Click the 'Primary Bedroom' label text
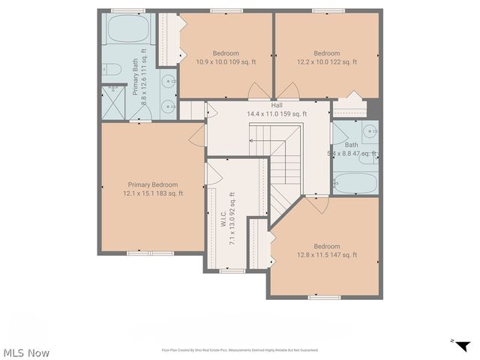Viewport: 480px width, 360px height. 153,184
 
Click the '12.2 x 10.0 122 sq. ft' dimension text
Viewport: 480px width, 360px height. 326,62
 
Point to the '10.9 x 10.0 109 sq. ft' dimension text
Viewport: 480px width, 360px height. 226,62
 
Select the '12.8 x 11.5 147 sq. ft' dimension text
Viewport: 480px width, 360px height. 326,255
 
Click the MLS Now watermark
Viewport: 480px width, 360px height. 26,352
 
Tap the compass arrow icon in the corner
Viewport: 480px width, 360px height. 463,345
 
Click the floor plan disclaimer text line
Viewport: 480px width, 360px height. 240,349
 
